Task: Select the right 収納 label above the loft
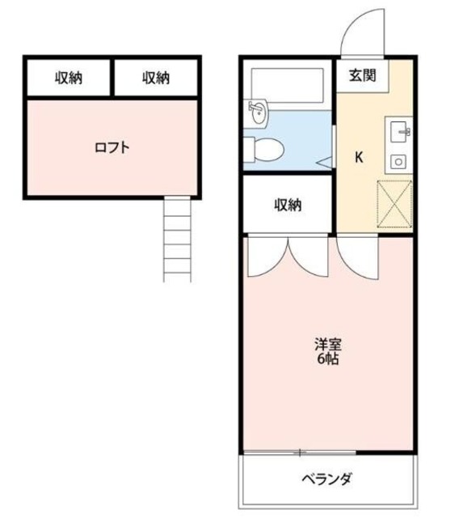pyautogui.click(x=157, y=78)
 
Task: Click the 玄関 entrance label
pyautogui.click(x=361, y=77)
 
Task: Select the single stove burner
pyautogui.click(x=398, y=161)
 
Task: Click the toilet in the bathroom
pyautogui.click(x=265, y=148)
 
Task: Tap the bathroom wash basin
pyautogui.click(x=257, y=112)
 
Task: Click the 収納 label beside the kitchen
pyautogui.click(x=287, y=205)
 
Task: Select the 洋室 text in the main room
pyautogui.click(x=327, y=343)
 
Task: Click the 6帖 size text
pyautogui.click(x=327, y=359)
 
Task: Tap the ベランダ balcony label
pyautogui.click(x=326, y=479)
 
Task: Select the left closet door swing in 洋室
pyautogui.click(x=265, y=256)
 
